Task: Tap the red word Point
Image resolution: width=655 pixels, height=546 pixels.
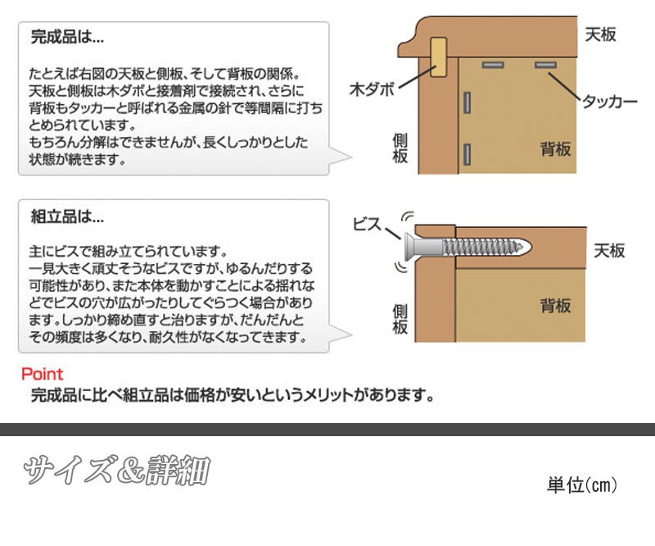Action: coord(42,375)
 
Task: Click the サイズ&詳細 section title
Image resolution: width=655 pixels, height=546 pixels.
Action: coord(115,471)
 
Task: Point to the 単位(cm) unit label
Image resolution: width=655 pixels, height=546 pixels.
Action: coord(581,485)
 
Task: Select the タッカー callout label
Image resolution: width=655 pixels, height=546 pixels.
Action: coord(609,102)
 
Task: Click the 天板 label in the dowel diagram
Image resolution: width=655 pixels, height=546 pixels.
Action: coord(600,34)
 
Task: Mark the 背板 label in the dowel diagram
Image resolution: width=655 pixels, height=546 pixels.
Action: coord(555,149)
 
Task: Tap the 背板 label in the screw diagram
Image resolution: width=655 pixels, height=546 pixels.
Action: coord(555,306)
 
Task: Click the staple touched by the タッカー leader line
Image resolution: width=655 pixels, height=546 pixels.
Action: coord(546,65)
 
